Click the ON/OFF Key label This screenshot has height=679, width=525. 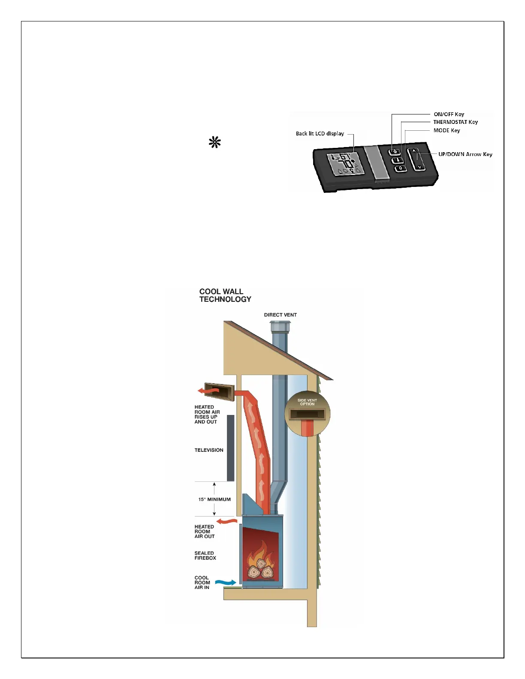(x=449, y=114)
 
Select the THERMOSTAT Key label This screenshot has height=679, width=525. (x=455, y=122)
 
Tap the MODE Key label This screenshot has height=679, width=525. (x=447, y=130)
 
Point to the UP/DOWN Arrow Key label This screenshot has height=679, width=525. (x=465, y=154)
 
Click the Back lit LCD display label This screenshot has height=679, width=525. (x=320, y=134)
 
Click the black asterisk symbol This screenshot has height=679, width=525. (x=215, y=142)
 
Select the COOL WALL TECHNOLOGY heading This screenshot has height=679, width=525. (x=225, y=295)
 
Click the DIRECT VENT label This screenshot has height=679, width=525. (x=280, y=315)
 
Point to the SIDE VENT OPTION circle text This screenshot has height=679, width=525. (x=307, y=402)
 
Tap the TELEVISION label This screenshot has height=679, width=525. (x=209, y=450)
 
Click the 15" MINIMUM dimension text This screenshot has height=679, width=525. (x=214, y=499)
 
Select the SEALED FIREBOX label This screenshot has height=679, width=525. (x=205, y=556)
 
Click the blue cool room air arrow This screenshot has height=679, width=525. (x=225, y=582)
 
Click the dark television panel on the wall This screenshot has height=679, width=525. (x=231, y=448)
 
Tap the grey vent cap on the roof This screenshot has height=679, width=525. (x=280, y=327)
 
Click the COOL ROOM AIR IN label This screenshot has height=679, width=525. (x=202, y=583)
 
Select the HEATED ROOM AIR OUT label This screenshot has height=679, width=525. (x=204, y=532)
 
